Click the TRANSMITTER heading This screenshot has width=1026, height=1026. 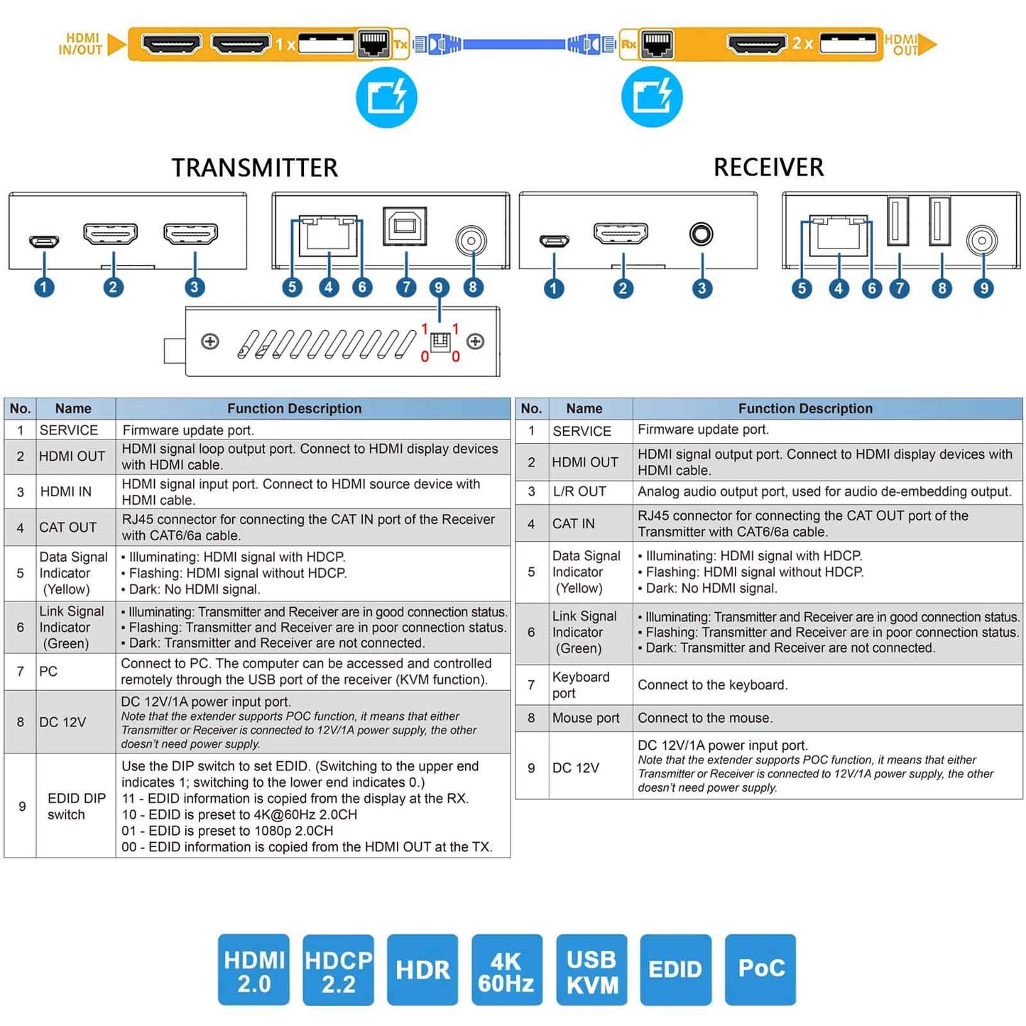point(254,168)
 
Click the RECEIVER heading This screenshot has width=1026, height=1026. point(768,167)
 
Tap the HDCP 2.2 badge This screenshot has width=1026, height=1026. point(338,971)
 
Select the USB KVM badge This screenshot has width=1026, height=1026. point(591,971)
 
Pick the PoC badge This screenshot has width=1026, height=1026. point(760,969)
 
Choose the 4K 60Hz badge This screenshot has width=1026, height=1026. point(506,971)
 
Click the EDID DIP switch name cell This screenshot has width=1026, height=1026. point(75,806)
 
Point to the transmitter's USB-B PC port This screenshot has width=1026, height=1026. point(405,226)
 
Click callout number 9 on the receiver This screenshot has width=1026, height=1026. point(983,288)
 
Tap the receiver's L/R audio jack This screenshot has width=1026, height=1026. point(702,234)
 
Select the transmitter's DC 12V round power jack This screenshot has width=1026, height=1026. point(471,241)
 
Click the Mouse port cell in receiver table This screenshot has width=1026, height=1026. point(586,718)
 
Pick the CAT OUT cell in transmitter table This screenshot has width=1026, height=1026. point(67,528)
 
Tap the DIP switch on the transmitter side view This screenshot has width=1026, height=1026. point(440,342)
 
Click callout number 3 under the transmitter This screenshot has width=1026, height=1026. point(194,288)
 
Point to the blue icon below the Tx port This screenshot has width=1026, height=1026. point(386,97)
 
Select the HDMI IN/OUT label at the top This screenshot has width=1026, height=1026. point(81,44)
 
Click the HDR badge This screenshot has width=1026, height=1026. point(422,971)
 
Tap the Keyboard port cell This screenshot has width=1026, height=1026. point(581,685)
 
